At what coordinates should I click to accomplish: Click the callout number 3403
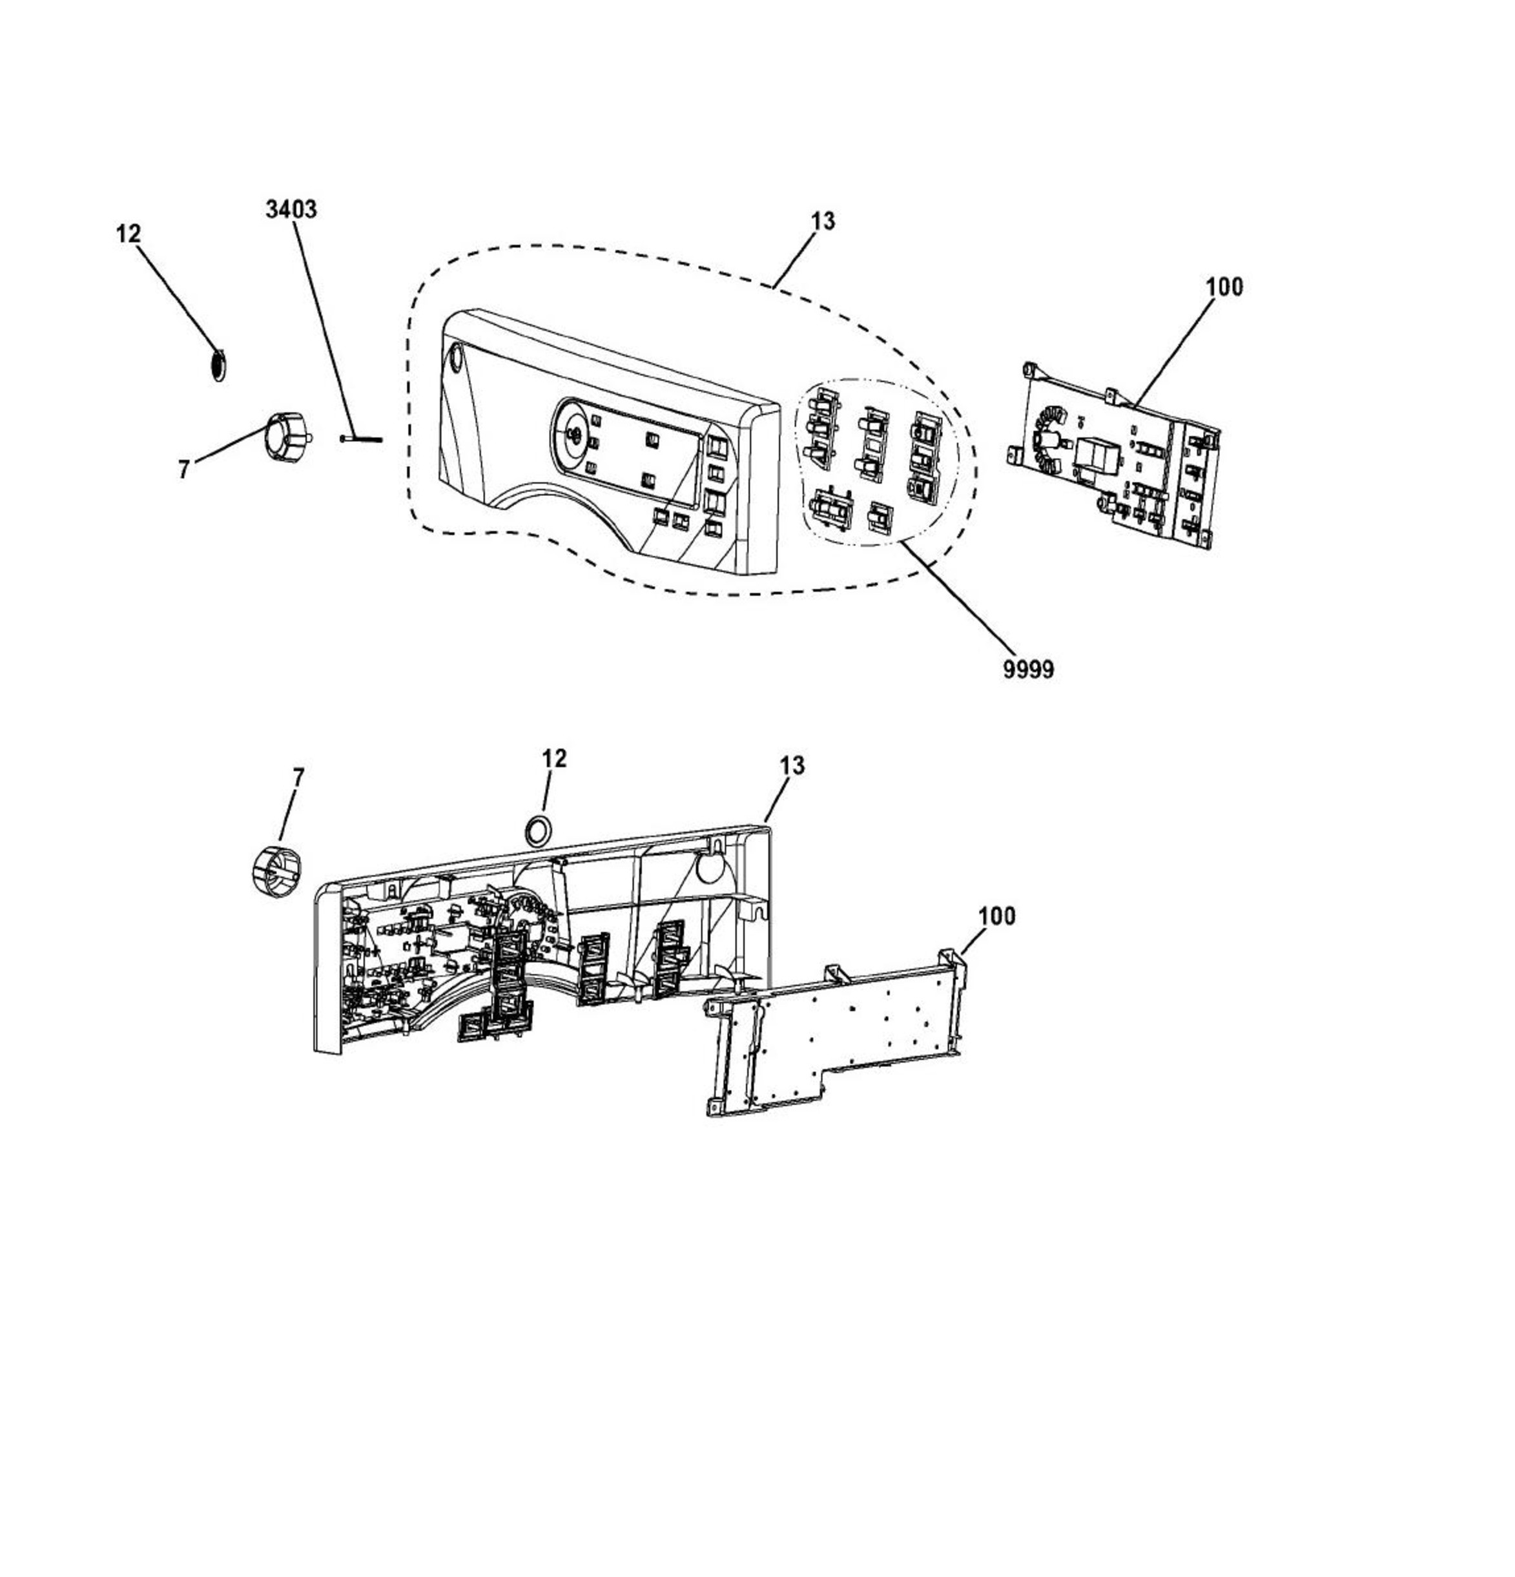(291, 209)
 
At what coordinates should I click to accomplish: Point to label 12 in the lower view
(554, 758)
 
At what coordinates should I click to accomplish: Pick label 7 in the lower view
(298, 778)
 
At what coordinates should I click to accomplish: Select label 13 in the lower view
(792, 765)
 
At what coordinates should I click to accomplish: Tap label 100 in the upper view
(1224, 287)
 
